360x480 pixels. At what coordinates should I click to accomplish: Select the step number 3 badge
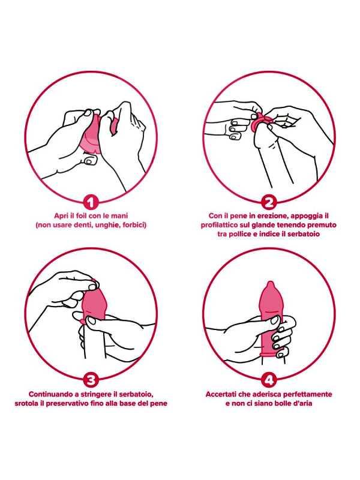tap(91, 380)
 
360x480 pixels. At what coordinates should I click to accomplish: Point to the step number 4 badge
tap(269, 380)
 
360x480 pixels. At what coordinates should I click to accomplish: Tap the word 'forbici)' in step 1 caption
tap(134, 225)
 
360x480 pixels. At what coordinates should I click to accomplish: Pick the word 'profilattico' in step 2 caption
tap(219, 225)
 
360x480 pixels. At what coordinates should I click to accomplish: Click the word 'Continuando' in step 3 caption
tap(49, 394)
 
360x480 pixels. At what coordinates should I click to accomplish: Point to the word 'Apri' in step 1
tap(61, 216)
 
